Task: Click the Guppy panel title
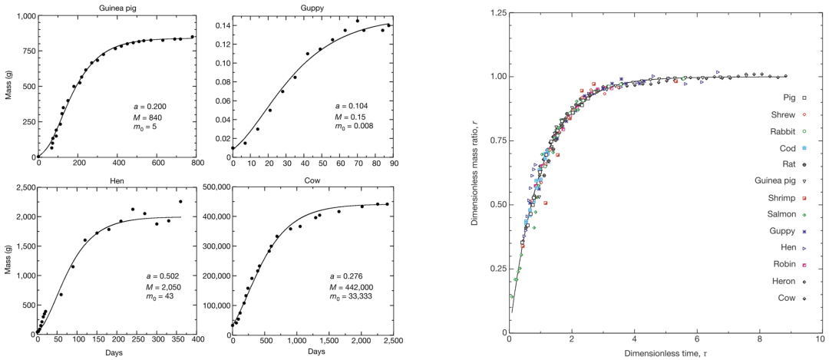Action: click(x=310, y=7)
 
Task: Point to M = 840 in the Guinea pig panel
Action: click(x=145, y=117)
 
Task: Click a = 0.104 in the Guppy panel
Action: click(x=351, y=105)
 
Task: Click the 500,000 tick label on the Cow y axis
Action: click(x=212, y=187)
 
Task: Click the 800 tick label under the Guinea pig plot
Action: click(x=196, y=163)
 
